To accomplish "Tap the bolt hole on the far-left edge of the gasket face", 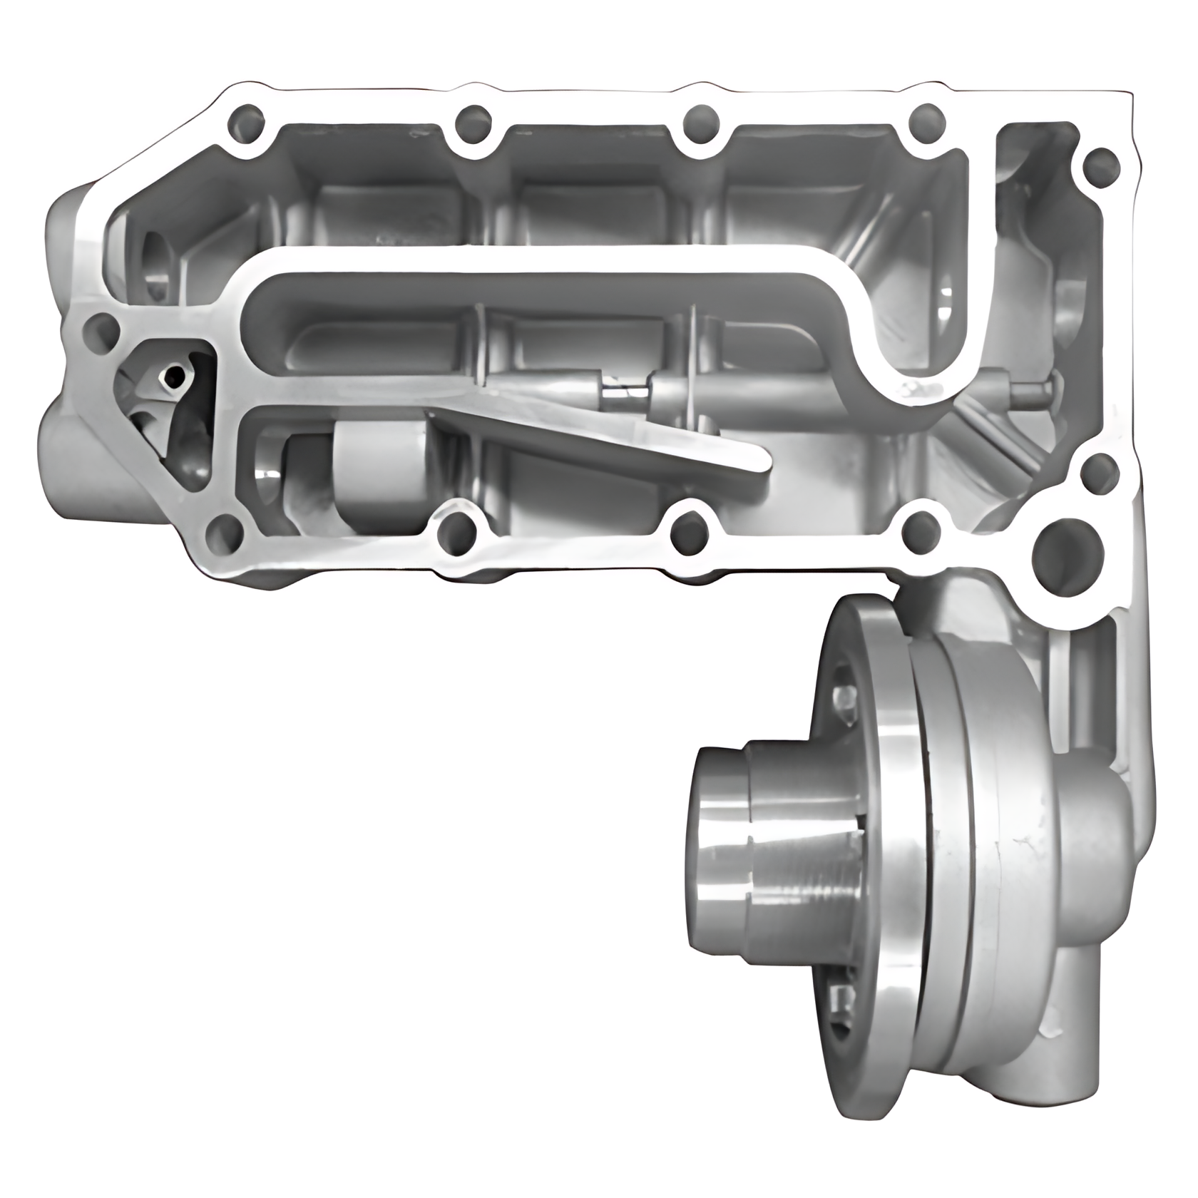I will pos(99,329).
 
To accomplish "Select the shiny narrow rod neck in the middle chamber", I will pos(622,391).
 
